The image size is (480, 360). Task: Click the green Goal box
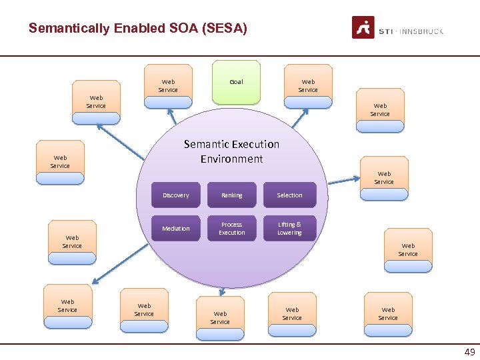[236, 83]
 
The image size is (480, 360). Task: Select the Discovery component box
[176, 195]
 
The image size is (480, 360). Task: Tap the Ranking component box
[232, 195]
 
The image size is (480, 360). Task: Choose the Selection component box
[289, 195]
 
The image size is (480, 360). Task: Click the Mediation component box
[176, 229]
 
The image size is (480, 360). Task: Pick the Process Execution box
[232, 229]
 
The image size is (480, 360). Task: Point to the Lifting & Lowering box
[289, 229]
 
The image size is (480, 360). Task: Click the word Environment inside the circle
[231, 159]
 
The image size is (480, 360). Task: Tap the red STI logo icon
[363, 28]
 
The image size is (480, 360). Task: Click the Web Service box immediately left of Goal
[168, 86]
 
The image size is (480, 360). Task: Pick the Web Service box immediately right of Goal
[308, 86]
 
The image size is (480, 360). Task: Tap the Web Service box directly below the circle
[220, 317]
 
